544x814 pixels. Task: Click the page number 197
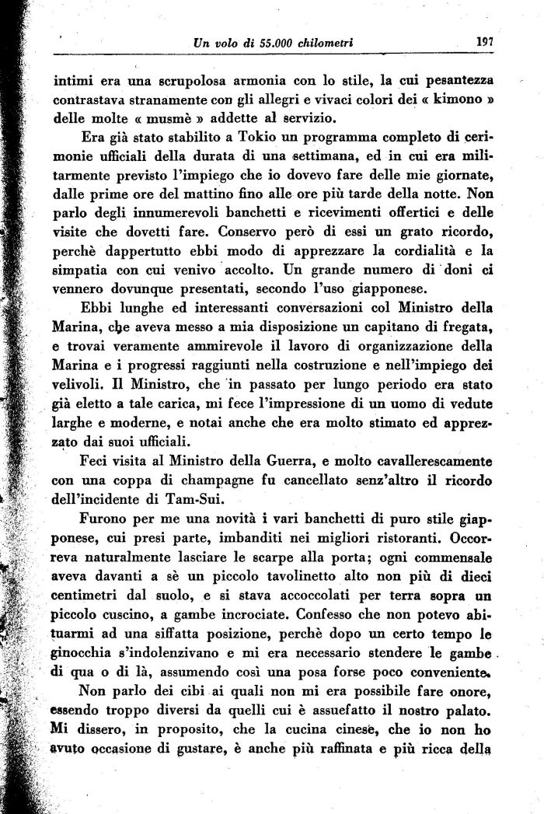pos(486,42)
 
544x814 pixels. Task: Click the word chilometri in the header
pos(322,44)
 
